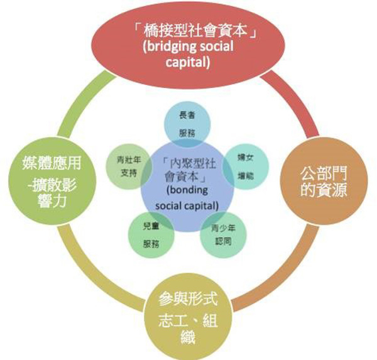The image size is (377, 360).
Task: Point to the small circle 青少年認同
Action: pos(221,233)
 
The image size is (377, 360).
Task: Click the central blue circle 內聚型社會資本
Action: pos(186,182)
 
